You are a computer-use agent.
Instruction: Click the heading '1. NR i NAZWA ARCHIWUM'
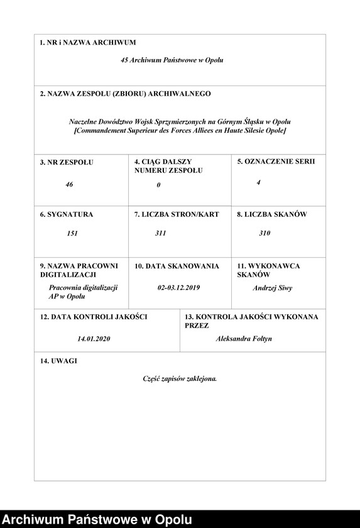[87, 43]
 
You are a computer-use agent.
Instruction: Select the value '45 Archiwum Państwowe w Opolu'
[172, 60]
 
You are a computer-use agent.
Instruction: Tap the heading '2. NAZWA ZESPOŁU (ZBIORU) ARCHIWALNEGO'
[125, 94]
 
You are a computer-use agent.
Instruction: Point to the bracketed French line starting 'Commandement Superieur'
[180, 130]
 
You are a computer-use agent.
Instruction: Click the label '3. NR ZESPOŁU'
[66, 162]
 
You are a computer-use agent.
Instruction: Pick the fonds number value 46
[69, 185]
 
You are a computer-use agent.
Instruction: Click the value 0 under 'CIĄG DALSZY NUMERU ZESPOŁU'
[159, 185]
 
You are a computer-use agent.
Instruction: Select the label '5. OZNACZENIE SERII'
[276, 162]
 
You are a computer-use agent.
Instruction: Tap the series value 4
[258, 182]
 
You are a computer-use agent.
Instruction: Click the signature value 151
[72, 233]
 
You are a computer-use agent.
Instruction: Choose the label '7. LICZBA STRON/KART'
[177, 214]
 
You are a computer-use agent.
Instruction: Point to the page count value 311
[161, 233]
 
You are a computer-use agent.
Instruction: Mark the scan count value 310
[265, 233]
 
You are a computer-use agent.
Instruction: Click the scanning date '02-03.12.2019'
[178, 287]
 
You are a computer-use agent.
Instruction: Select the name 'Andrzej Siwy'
[272, 288]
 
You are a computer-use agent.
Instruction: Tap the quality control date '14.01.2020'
[94, 339]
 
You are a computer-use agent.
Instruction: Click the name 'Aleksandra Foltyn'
[244, 339]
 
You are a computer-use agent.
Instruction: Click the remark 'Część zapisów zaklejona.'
[180, 379]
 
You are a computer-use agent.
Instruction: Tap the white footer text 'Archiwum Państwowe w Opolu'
[97, 519]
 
